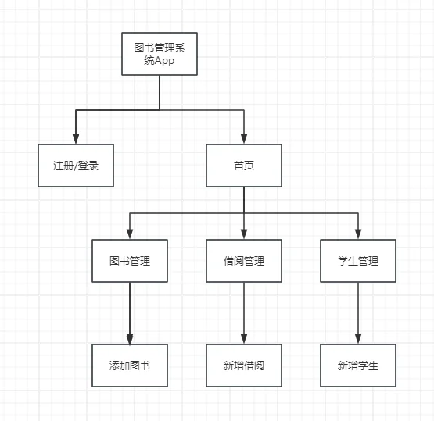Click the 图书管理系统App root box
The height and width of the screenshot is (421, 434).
tap(160, 54)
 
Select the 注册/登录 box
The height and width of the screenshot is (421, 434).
tap(76, 166)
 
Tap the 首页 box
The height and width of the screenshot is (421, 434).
tap(244, 166)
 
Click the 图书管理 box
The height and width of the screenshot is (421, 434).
tap(130, 261)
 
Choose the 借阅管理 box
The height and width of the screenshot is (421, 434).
tap(244, 261)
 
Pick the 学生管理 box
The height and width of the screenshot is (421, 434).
tap(358, 261)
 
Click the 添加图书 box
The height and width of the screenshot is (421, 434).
tap(130, 365)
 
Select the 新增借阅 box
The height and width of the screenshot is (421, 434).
tap(244, 365)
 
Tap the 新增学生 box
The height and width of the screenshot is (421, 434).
tap(358, 365)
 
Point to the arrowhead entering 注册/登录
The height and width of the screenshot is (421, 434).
tap(76, 139)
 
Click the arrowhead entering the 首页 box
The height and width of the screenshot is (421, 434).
tap(244, 139)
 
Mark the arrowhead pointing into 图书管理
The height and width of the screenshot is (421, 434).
tap(130, 234)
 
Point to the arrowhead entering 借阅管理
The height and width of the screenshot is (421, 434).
tap(244, 234)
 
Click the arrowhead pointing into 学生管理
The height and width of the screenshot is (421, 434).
tap(358, 234)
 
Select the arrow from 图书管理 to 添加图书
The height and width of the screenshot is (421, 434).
tap(130, 312)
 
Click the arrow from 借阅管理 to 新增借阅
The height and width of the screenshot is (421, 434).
tap(244, 312)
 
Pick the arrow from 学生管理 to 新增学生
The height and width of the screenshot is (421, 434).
tap(358, 312)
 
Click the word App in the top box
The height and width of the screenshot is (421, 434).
tap(165, 62)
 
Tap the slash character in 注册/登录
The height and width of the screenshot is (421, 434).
tap(76, 166)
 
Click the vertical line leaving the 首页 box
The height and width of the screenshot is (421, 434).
tap(244, 200)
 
